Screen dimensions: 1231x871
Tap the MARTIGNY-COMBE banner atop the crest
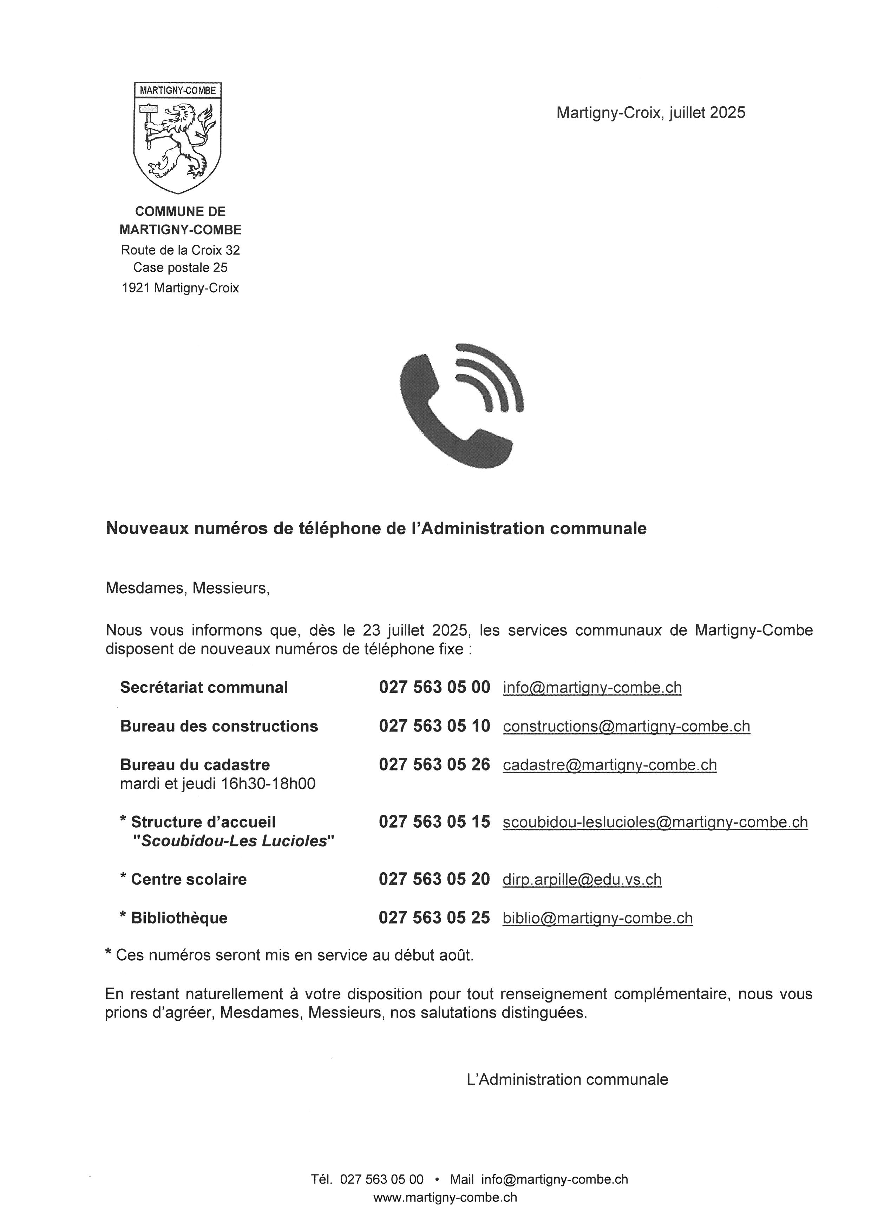[x=177, y=91]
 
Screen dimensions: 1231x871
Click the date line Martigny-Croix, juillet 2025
[x=650, y=113]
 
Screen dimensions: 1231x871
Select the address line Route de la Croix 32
[x=180, y=250]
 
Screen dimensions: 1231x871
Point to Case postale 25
[x=180, y=267]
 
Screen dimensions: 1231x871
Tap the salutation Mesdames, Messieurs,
[x=187, y=588]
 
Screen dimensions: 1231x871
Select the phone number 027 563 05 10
[x=434, y=726]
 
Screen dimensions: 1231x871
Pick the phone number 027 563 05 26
[x=434, y=765]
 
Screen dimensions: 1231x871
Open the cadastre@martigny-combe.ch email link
[x=610, y=765]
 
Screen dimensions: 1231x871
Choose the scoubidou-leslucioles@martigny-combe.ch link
[x=655, y=822]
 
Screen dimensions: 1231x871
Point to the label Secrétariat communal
[x=204, y=687]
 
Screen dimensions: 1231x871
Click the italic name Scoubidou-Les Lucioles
[x=234, y=841]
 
